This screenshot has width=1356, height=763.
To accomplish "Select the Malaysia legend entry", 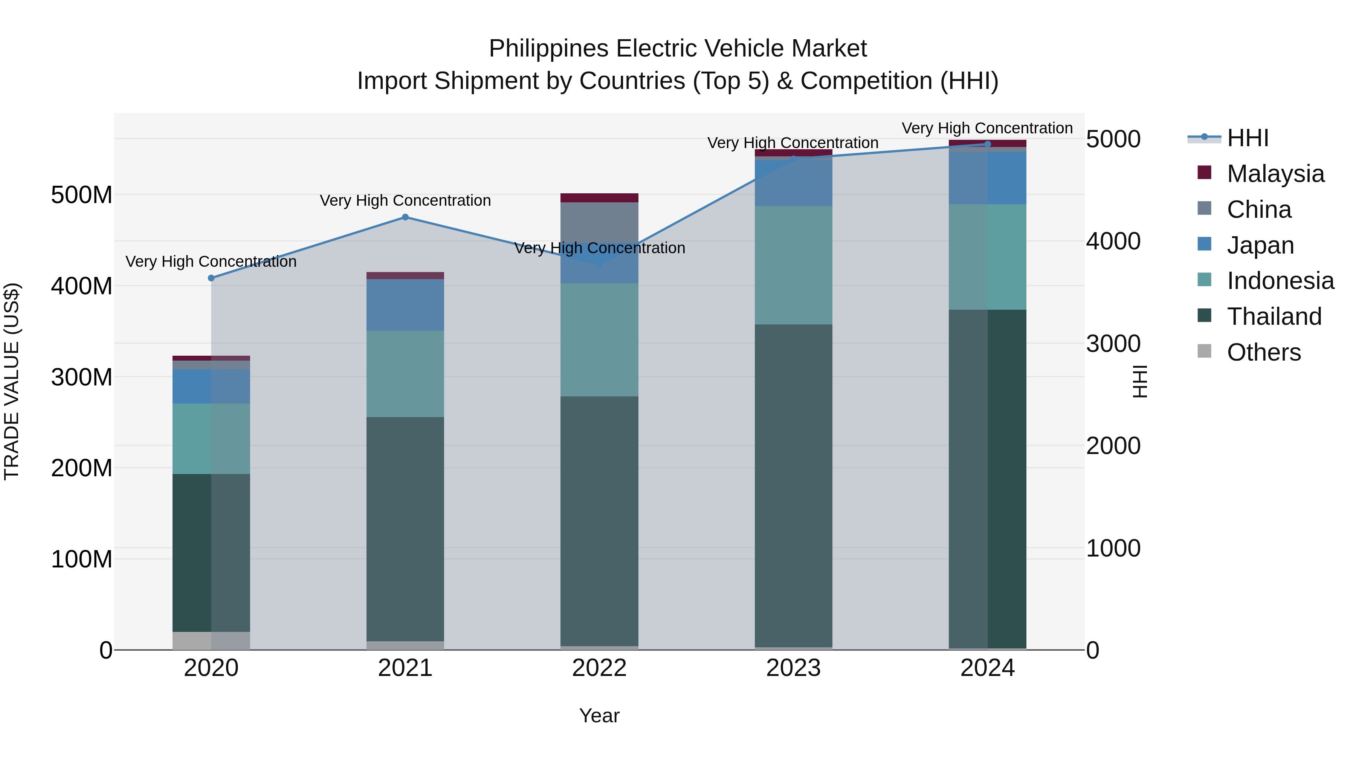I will point(1275,174).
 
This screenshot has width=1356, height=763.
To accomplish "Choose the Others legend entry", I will point(1263,352).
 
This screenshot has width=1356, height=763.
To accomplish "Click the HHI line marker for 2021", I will point(405,217).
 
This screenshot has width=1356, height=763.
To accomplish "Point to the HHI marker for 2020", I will point(211,278).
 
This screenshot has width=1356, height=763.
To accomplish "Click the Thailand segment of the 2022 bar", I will point(599,521).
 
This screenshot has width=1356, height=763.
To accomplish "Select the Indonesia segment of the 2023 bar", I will point(793,265).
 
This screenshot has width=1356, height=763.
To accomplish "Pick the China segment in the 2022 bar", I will point(599,221).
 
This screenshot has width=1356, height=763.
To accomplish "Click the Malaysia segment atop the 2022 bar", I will point(599,198).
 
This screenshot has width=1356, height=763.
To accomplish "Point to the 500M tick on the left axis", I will point(82,195).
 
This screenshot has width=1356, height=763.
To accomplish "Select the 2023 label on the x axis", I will point(793,668).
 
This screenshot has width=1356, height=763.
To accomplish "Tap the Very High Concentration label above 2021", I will point(405,200).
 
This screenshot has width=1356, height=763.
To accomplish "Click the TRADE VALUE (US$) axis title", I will point(12,381).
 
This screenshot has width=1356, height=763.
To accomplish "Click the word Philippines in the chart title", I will point(548,49).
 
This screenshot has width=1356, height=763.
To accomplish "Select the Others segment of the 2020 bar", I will point(211,640).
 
